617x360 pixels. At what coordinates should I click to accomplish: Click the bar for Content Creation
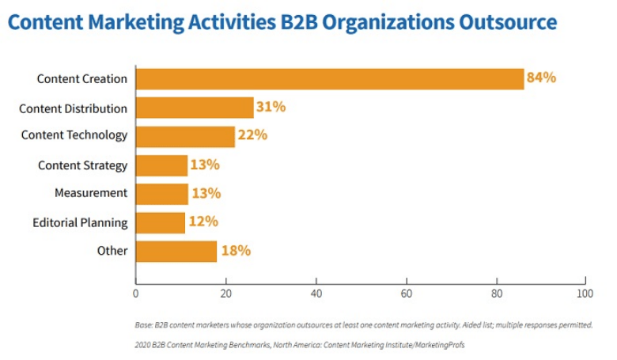coord(329,78)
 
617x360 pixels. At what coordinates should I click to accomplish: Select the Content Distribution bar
coord(195,108)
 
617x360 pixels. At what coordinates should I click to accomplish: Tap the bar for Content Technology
coord(185,136)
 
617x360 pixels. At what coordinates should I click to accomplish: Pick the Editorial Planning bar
coord(161,222)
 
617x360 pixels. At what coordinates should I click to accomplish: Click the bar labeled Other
coord(176,251)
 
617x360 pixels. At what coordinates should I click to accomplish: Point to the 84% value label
coord(542,78)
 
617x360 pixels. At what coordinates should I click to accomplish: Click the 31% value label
coord(271,107)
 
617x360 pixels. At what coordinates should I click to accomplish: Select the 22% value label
coord(252,135)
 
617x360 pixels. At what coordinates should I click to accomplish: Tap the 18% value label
coord(235,251)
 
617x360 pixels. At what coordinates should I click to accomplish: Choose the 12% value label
coord(203,222)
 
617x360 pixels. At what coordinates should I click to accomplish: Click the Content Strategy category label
coord(82,165)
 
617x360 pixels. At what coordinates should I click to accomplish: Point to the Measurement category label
coord(90,193)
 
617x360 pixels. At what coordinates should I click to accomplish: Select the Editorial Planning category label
coord(79,222)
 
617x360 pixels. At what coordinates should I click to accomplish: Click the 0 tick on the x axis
coord(136,293)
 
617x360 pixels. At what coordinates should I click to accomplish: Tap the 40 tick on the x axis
coord(316,293)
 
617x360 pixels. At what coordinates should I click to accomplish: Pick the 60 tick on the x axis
coord(407,293)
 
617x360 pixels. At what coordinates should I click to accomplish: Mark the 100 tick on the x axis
coord(585,293)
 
